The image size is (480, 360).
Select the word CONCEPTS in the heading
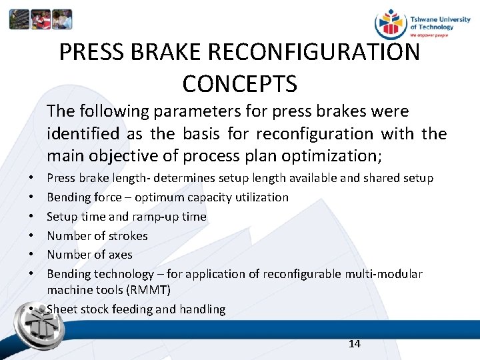pyautogui.click(x=239, y=83)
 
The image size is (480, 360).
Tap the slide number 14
pyautogui.click(x=354, y=343)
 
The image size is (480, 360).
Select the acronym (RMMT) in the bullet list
pyautogui.click(x=151, y=290)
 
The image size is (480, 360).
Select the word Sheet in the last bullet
pyautogui.click(x=61, y=309)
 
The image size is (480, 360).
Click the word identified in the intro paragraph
pyautogui.click(x=84, y=133)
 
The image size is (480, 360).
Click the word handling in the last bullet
pyautogui.click(x=203, y=309)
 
